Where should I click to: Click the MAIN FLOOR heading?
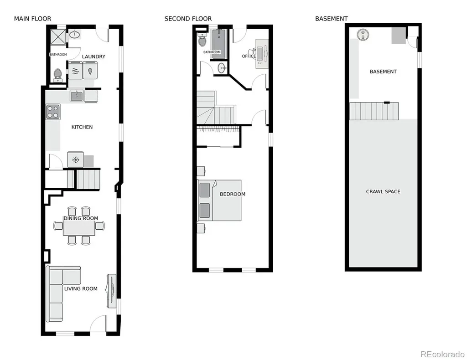point(32,19)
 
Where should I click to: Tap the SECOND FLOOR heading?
point(188,19)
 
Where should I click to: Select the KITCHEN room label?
point(82,127)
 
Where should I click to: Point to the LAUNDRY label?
point(93,57)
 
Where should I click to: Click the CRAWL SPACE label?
point(383,191)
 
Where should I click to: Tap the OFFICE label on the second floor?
point(249,56)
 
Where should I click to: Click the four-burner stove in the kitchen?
point(53,112)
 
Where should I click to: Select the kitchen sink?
point(77,96)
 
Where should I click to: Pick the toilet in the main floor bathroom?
point(57,75)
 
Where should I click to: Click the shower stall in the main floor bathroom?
point(58,36)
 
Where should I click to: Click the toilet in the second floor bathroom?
point(202,40)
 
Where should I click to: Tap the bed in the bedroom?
point(219,200)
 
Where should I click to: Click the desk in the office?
point(262,54)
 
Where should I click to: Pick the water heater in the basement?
point(363,35)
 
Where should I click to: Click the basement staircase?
point(374,111)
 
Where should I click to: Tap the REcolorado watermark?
point(442,355)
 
